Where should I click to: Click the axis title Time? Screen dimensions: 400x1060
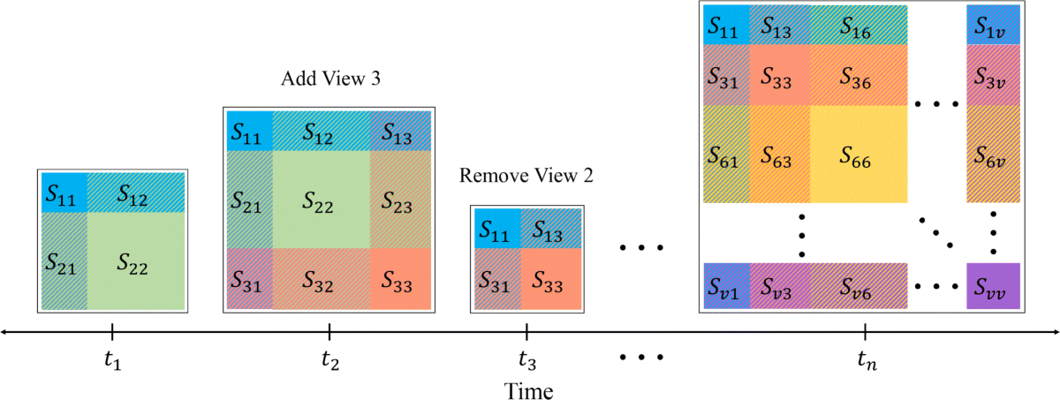tap(529, 389)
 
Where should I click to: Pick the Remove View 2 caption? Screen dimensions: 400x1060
tap(526, 176)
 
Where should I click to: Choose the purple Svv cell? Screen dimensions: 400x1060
tap(993, 287)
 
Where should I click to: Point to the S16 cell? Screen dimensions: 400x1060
tap(858, 25)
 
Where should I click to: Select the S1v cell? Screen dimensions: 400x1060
tap(993, 25)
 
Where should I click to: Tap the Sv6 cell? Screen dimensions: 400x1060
tap(858, 287)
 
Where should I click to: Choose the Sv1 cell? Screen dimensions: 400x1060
tap(726, 287)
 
